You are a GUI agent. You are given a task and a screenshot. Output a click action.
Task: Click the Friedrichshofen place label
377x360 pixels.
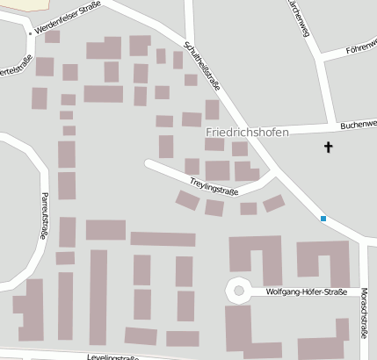(247, 133)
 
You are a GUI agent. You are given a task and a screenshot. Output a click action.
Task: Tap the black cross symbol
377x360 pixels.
(330, 148)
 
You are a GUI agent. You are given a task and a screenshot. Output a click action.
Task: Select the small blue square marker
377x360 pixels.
(323, 219)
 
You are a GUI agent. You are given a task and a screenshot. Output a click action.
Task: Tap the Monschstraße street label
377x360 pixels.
(364, 313)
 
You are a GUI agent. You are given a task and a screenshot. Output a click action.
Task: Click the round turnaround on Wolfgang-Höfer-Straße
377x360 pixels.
(236, 289)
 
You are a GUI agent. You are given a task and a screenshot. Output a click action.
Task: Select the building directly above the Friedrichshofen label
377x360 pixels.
(212, 110)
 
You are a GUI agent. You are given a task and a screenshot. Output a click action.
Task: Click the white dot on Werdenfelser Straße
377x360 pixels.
(30, 33)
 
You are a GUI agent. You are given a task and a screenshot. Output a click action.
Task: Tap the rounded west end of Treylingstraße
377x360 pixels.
(150, 164)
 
